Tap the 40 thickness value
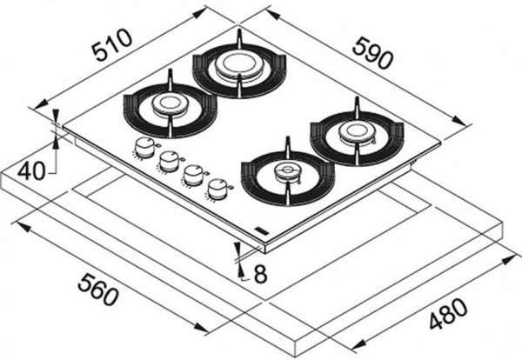[x=31, y=170]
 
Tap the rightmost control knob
[x=220, y=186]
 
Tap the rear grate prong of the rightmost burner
[x=355, y=106]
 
